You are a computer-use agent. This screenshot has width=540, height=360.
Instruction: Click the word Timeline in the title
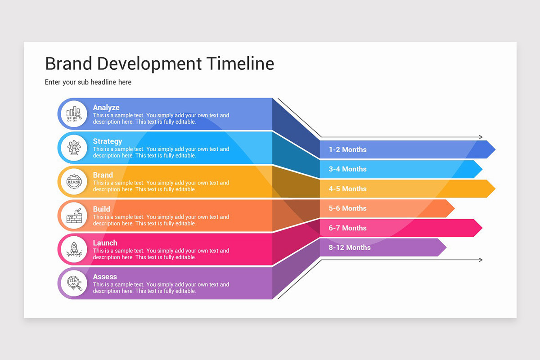click(240, 63)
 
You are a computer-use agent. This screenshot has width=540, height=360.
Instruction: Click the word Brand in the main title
click(69, 63)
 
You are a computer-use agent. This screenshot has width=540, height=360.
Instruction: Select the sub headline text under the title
click(88, 82)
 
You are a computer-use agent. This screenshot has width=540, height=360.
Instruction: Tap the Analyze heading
click(106, 107)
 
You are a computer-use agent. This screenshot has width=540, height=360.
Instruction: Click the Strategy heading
click(108, 141)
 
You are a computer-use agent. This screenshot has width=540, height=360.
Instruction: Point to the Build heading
click(102, 209)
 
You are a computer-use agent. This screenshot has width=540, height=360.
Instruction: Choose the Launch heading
click(105, 243)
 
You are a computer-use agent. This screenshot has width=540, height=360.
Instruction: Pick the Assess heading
click(105, 277)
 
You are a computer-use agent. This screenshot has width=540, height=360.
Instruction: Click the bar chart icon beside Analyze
click(74, 114)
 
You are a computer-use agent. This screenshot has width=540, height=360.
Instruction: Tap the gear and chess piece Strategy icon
click(74, 148)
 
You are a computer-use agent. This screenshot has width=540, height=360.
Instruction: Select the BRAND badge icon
click(74, 181)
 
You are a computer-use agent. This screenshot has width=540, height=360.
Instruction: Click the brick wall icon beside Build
click(74, 215)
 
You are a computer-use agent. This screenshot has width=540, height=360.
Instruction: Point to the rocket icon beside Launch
click(74, 249)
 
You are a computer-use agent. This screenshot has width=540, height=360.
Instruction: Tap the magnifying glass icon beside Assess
click(75, 283)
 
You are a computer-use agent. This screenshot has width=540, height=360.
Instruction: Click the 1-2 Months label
click(347, 149)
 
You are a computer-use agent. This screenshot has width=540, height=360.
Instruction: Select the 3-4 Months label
click(347, 169)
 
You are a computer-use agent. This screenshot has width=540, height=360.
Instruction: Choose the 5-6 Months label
click(347, 208)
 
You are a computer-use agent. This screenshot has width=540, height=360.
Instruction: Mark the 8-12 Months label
click(350, 247)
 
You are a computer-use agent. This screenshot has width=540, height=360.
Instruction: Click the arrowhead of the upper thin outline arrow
click(481, 137)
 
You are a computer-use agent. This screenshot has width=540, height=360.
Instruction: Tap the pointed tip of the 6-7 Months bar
click(482, 228)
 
